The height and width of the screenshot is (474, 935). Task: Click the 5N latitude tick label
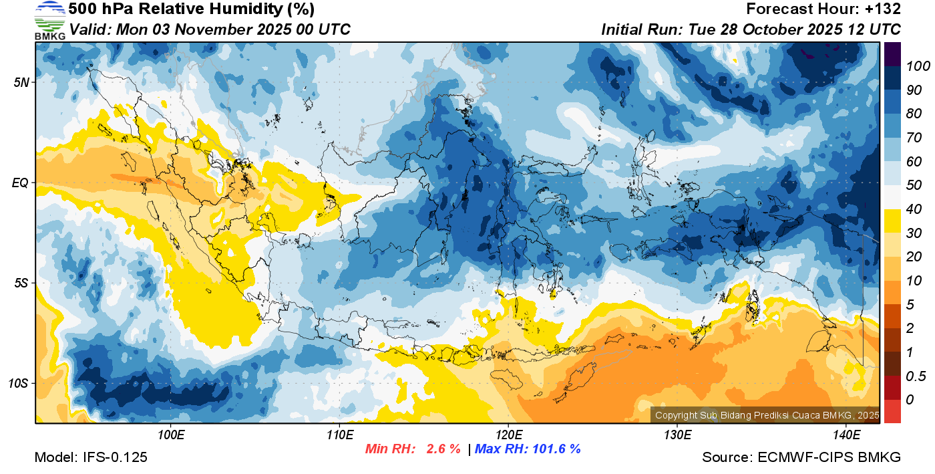click(x=21, y=82)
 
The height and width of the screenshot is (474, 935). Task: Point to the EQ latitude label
click(x=21, y=183)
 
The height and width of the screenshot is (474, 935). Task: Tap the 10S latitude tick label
click(x=19, y=383)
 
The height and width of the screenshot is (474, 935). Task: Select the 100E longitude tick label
click(x=170, y=435)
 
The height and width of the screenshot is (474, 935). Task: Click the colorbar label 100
click(x=913, y=66)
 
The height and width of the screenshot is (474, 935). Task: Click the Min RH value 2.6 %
click(x=443, y=449)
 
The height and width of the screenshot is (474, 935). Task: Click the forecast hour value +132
click(x=883, y=9)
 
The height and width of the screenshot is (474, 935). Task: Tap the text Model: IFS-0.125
click(x=91, y=457)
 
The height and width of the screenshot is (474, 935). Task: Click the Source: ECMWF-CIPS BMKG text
click(x=801, y=457)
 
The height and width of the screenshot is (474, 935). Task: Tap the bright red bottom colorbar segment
click(x=892, y=410)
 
